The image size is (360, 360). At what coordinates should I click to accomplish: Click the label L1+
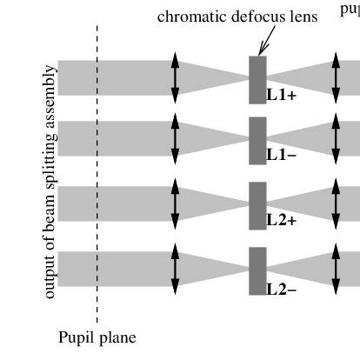pyautogui.click(x=282, y=96)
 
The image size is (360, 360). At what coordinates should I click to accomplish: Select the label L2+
pyautogui.click(x=282, y=220)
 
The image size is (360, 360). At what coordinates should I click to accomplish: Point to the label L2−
pyautogui.click(x=282, y=288)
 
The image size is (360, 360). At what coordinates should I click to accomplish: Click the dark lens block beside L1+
pyautogui.click(x=257, y=79)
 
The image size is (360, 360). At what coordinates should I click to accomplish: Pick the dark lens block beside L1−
pyautogui.click(x=257, y=140)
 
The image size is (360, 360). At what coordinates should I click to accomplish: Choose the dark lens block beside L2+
pyautogui.click(x=257, y=205)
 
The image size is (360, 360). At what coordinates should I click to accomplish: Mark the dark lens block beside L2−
pyautogui.click(x=257, y=270)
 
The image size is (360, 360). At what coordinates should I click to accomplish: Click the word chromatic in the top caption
pyautogui.click(x=187, y=17)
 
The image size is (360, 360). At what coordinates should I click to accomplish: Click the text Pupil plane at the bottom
pyautogui.click(x=97, y=337)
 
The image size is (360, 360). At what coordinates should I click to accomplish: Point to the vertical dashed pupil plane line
pyautogui.click(x=97, y=174)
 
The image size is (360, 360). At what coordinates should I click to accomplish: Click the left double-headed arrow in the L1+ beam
pyautogui.click(x=175, y=78)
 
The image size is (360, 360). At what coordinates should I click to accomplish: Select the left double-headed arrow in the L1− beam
pyautogui.click(x=175, y=138)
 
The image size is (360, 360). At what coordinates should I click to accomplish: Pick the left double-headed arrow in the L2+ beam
pyautogui.click(x=175, y=203)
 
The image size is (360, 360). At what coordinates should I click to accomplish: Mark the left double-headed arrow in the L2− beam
pyautogui.click(x=175, y=269)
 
